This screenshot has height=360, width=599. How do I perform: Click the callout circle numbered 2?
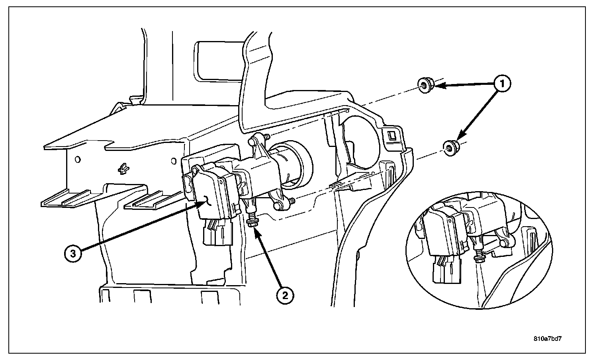(285, 295)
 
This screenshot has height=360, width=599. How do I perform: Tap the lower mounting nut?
(450, 149)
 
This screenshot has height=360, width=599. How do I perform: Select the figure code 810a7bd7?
(550, 339)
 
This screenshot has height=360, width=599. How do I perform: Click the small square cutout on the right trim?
(392, 135)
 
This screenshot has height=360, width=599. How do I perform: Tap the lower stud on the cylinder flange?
(293, 202)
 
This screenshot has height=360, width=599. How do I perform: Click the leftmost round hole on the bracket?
(78, 159)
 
